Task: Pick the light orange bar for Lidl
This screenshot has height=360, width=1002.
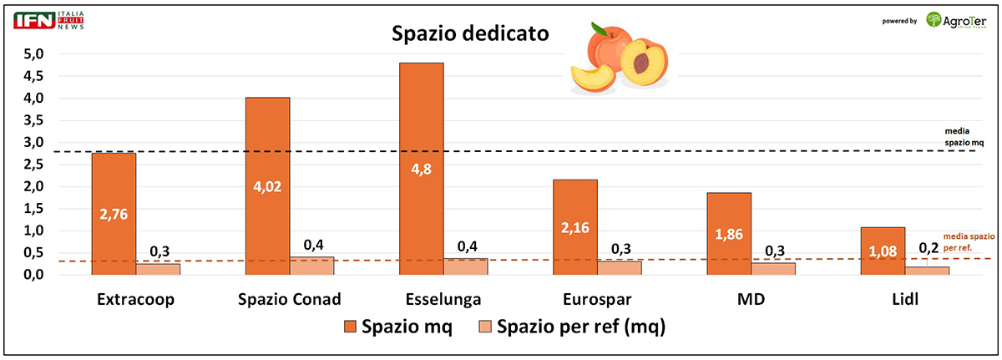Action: (928, 270)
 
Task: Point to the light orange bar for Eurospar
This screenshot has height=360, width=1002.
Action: (620, 267)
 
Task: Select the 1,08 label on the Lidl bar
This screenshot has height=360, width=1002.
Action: (883, 251)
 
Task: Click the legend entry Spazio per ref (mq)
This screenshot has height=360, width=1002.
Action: (569, 327)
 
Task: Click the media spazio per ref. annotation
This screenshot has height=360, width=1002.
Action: (966, 242)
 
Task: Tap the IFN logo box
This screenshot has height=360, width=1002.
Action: (33, 20)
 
